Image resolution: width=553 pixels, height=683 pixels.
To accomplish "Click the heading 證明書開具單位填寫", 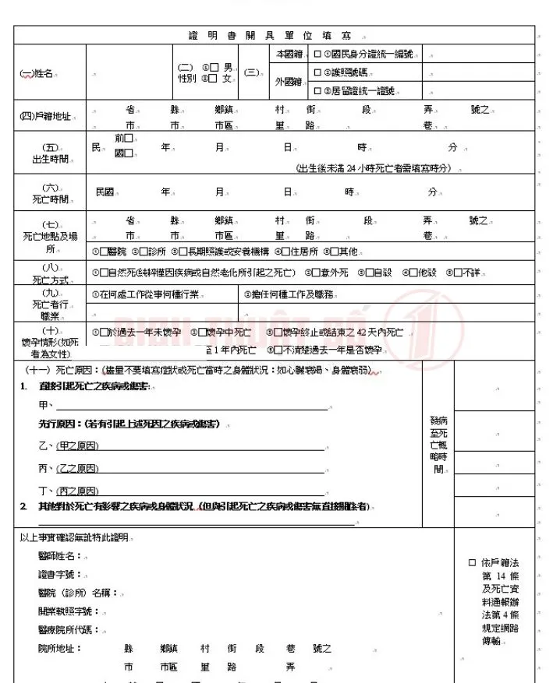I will point(275,35).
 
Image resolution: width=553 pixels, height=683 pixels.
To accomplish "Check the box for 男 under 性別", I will point(213,67).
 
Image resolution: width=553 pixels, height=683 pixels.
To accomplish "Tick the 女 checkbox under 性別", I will point(213,78).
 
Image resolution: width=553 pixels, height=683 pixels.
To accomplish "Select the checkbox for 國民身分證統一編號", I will point(317,55).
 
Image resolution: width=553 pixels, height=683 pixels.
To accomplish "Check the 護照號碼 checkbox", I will point(317,72).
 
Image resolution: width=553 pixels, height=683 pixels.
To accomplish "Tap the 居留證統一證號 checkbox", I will point(317,90).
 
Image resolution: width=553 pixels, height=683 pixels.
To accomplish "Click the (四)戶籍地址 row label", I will point(45,116).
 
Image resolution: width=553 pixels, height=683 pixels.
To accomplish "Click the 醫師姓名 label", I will point(59,555).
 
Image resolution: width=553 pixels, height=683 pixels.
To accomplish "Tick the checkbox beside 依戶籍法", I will point(472,562).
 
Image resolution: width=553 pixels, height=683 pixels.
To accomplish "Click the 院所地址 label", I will point(59,648).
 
